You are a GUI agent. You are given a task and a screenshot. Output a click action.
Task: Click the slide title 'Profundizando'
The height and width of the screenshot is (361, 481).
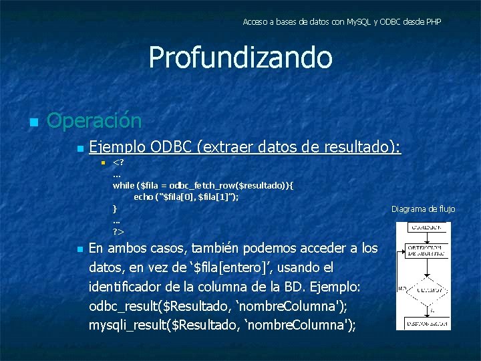240,57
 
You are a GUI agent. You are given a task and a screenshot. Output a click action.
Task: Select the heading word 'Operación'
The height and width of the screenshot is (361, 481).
94,121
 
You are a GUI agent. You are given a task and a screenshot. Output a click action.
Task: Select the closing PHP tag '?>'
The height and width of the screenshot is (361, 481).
118,231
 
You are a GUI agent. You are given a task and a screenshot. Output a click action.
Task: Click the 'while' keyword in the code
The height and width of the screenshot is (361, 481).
123,185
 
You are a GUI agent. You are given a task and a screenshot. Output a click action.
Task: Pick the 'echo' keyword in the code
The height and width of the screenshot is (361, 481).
143,197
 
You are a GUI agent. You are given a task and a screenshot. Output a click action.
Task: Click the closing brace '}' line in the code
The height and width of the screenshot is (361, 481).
114,209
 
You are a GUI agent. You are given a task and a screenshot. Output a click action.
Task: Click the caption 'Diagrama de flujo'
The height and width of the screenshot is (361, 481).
423,209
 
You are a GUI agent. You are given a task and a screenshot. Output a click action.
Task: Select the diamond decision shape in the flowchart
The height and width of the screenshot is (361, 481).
424,289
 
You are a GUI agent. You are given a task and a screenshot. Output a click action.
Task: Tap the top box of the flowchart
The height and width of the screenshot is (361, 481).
424,227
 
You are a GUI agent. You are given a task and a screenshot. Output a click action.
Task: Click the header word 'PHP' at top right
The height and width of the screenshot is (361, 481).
433,22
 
